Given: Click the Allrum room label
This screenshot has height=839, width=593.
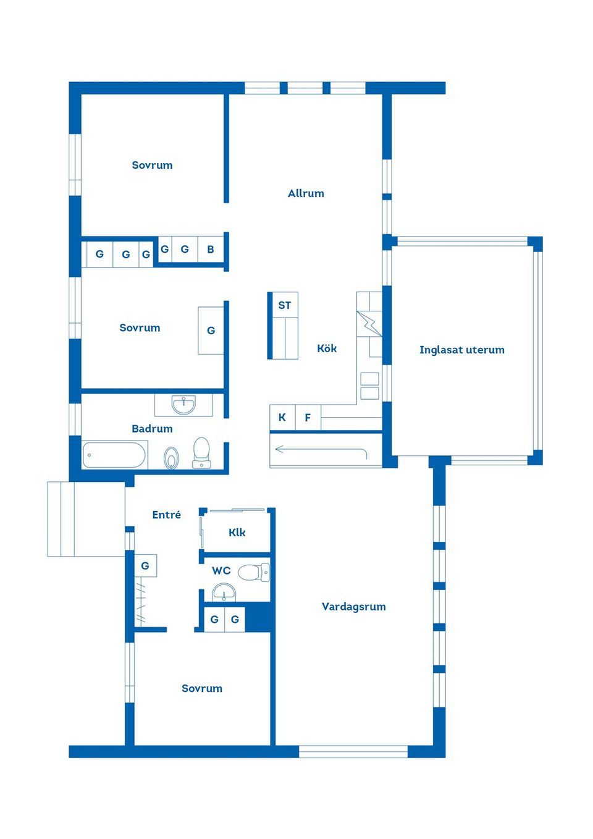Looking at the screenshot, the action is click(306, 193).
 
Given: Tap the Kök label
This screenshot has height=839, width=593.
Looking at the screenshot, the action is click(327, 348).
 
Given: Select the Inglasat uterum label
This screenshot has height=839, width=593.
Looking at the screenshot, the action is click(461, 350).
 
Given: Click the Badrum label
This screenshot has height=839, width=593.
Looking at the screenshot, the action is click(152, 429).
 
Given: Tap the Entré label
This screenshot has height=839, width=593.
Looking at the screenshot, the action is click(167, 515).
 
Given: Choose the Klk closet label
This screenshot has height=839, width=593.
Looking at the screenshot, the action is click(237, 532).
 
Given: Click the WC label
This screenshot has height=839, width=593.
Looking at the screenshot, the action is click(221, 570).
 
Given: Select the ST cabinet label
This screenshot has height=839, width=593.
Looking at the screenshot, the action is click(285, 305).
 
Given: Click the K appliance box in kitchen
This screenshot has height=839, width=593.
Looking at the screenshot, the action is click(282, 417).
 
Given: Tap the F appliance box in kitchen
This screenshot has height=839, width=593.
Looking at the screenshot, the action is click(308, 417).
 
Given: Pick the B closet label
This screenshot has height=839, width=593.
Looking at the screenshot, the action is click(211, 249).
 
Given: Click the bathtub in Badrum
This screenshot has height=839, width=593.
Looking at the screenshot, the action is click(114, 455).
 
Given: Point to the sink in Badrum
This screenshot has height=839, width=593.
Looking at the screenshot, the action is click(183, 405).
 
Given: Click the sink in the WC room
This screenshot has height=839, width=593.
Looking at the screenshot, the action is click(224, 592).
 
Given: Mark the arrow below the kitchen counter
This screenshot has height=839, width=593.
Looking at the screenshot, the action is click(321, 449).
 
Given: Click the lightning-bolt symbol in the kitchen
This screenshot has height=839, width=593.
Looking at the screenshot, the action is click(369, 323).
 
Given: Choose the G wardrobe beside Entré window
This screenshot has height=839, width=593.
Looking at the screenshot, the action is click(145, 566).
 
